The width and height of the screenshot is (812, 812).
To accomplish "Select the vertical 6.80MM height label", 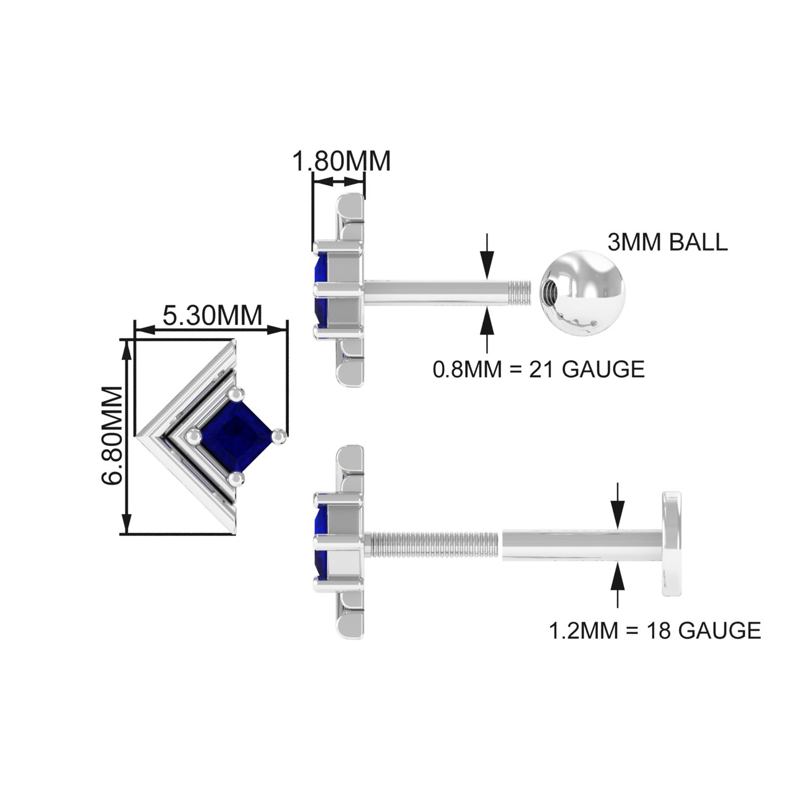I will pyautogui.click(x=112, y=435).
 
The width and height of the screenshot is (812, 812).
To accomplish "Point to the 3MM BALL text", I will pyautogui.click(x=667, y=242).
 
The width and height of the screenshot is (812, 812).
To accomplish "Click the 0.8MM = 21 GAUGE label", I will pyautogui.click(x=538, y=369).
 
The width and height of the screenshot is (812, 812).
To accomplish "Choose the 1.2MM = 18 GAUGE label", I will pyautogui.click(x=655, y=631).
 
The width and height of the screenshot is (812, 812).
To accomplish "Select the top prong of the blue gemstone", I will pyautogui.click(x=236, y=394).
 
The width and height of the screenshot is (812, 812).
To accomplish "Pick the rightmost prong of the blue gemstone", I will pyautogui.click(x=279, y=436).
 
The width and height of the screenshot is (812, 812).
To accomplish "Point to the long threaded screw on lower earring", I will pyautogui.click(x=432, y=545).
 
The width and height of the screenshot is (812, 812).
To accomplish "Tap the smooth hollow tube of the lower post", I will pyautogui.click(x=582, y=545).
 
